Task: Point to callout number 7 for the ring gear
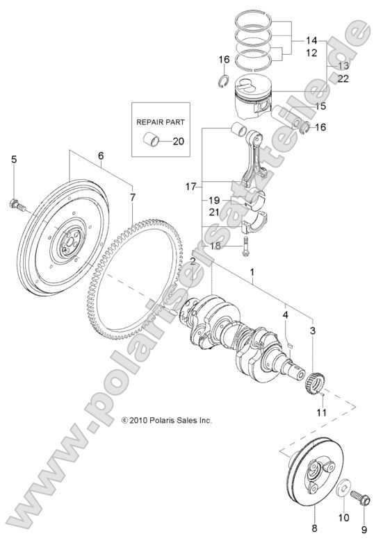pos(132,197)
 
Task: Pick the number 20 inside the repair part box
pos(178,141)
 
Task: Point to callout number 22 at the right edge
pos(343,79)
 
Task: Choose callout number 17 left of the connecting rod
pos(192,186)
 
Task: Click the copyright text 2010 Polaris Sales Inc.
pos(166,420)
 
